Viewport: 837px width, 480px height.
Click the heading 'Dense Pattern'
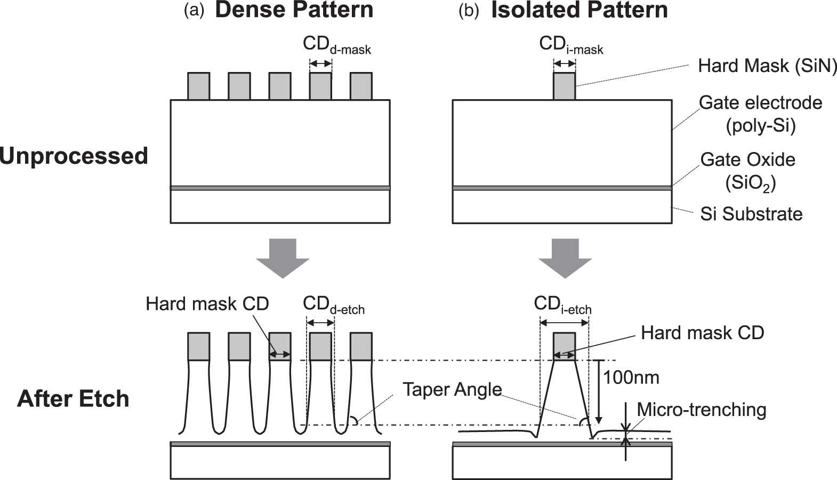coord(294,11)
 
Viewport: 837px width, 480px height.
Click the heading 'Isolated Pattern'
coord(579,11)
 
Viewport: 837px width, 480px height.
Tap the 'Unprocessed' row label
coord(74,156)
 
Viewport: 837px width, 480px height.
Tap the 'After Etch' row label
coord(73,399)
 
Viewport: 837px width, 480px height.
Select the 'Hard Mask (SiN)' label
coord(767,66)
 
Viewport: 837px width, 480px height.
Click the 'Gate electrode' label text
coord(760,103)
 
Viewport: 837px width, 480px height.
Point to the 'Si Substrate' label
coord(751,214)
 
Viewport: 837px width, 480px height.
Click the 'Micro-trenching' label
coord(701,410)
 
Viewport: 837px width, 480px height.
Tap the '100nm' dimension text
coord(631,378)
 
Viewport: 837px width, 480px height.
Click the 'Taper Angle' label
coord(452,389)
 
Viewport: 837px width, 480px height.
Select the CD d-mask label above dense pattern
coord(336,46)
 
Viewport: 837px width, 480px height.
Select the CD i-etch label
coord(562,306)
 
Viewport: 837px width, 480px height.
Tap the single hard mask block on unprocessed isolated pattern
coord(565,86)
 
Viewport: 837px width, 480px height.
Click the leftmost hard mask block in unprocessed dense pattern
coord(198,86)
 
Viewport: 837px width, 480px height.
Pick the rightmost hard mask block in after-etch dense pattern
coord(361,346)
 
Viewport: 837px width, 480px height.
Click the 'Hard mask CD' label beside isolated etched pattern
coord(702,333)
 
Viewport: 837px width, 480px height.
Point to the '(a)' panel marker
coord(194,11)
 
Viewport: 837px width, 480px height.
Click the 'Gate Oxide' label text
coord(747,159)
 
